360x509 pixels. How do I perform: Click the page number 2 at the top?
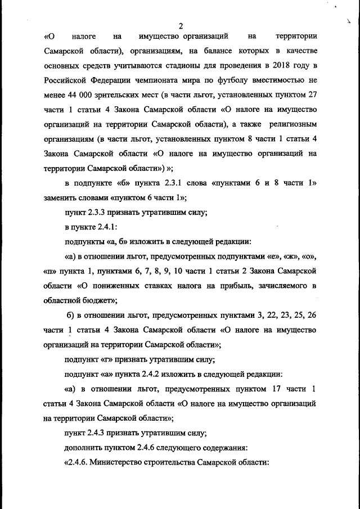[181, 25]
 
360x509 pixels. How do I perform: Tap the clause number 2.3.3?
[96, 213]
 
